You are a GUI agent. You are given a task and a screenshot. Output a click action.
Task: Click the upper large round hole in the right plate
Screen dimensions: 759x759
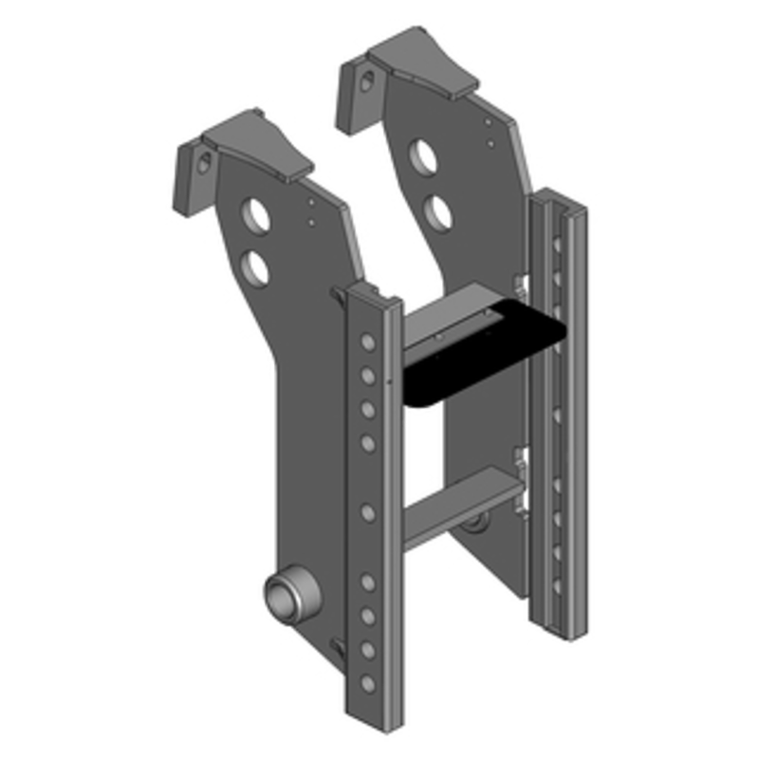click(424, 156)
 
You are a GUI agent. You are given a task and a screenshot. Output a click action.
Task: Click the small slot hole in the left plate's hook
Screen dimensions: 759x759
click(202, 162)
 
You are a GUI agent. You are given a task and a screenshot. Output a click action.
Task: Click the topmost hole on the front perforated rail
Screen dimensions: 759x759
click(368, 342)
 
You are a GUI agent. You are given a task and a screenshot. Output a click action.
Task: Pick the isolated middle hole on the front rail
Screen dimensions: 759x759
click(368, 513)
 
